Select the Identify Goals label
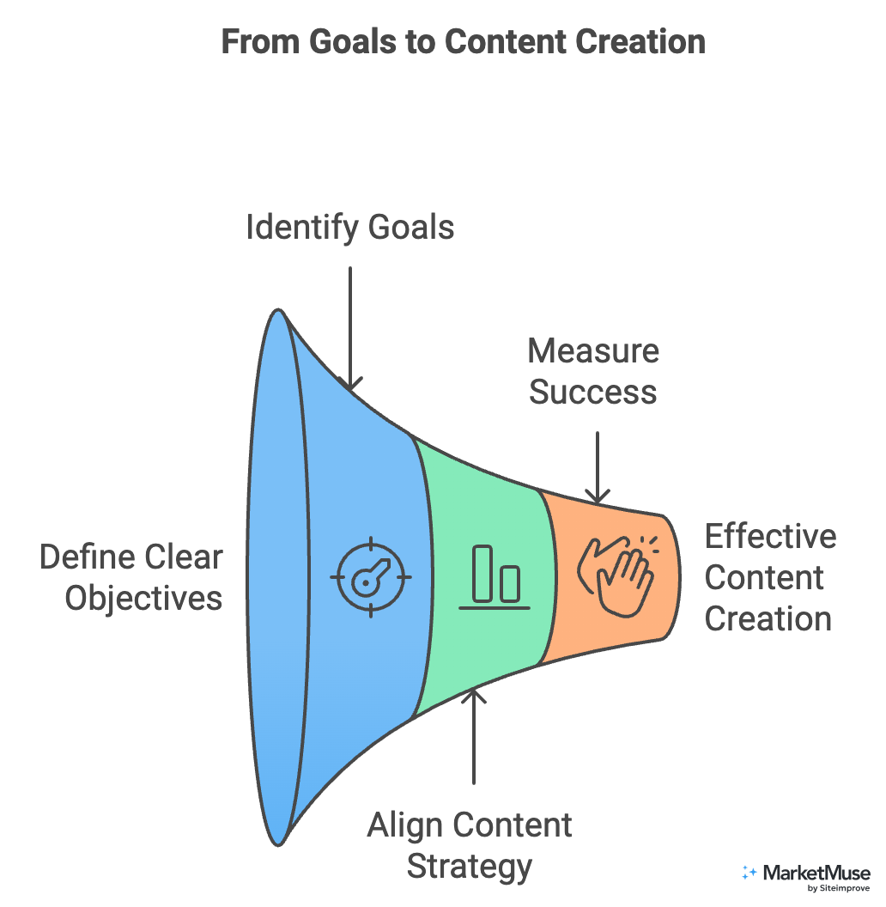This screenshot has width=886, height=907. point(350,228)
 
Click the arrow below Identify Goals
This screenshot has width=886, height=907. point(350,326)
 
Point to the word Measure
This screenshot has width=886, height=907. point(593,351)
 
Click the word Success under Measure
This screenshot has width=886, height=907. point(593,392)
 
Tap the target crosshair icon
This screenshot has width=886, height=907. point(371,577)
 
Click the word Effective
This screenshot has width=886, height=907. point(770,537)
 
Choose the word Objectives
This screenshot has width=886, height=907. point(143,599)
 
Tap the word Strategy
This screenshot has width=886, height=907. point(470,866)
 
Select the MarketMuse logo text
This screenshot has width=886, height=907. point(816,873)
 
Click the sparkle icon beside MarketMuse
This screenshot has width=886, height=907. point(749,873)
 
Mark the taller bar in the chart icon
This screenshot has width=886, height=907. point(483,573)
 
